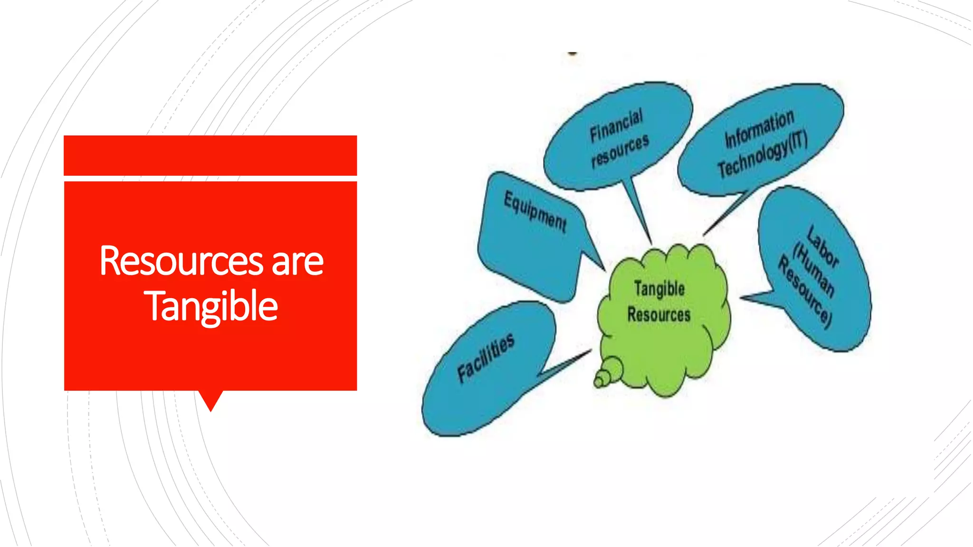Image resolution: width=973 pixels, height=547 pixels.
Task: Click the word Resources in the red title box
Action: click(x=181, y=261)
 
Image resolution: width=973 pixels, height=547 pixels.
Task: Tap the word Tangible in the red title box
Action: click(x=211, y=306)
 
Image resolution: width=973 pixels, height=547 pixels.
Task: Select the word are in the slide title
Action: click(x=297, y=262)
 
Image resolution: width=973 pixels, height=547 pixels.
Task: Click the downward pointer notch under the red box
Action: click(x=210, y=400)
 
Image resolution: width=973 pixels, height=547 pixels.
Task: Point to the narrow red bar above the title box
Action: click(x=210, y=155)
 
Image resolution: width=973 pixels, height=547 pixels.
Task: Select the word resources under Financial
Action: click(x=620, y=151)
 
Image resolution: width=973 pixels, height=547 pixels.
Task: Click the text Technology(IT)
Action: click(x=763, y=155)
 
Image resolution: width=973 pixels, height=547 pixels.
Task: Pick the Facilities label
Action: click(x=486, y=357)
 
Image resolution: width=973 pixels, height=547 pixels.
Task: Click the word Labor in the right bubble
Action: click(x=823, y=246)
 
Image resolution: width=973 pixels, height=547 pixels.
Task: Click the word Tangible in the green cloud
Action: click(x=659, y=289)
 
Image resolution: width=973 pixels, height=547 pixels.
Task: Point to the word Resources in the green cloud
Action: click(x=658, y=314)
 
